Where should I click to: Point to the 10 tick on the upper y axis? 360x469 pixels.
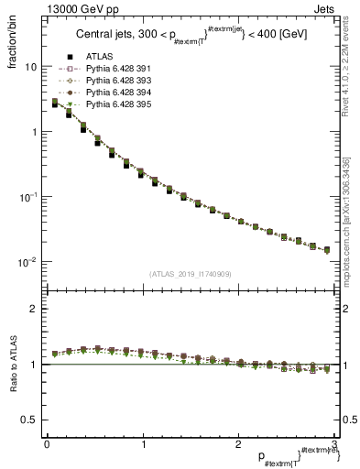pyautogui.click(x=30, y=67)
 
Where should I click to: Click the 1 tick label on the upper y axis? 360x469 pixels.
pyautogui.click(x=34, y=132)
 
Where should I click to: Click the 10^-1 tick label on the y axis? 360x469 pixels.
pyautogui.click(x=27, y=196)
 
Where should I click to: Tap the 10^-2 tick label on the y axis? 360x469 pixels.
pyautogui.click(x=27, y=261)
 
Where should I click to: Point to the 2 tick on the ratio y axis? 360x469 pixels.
pyautogui.click(x=34, y=309)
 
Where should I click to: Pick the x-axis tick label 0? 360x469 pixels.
pyautogui.click(x=47, y=443)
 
